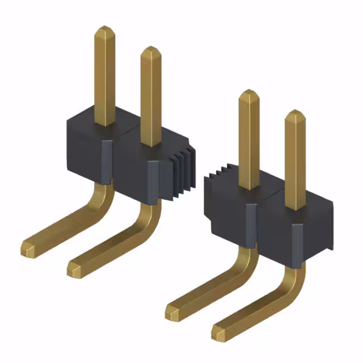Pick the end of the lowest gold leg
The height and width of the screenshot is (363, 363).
220,332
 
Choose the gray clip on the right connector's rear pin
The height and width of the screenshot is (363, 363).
250,224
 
